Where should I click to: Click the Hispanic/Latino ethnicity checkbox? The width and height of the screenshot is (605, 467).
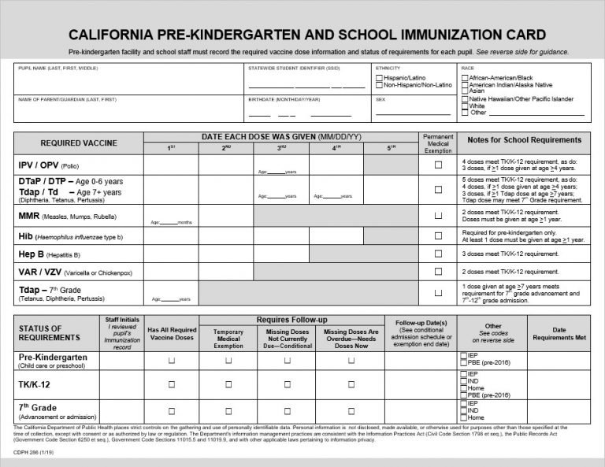(x=380, y=78)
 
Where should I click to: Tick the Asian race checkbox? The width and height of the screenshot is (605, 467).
(x=463, y=91)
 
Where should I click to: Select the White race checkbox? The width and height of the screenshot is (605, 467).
(x=463, y=106)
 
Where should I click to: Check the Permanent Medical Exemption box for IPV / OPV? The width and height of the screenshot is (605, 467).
(x=438, y=165)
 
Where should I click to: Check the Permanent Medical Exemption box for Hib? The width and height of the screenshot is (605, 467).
(x=438, y=235)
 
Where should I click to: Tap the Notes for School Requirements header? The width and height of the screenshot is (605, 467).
(x=524, y=140)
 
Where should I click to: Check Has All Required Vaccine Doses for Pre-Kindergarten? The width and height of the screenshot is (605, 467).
(x=171, y=360)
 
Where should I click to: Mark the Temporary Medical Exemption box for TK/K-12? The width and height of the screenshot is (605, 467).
(x=228, y=385)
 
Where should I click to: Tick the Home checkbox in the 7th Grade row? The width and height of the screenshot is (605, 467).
(x=463, y=417)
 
